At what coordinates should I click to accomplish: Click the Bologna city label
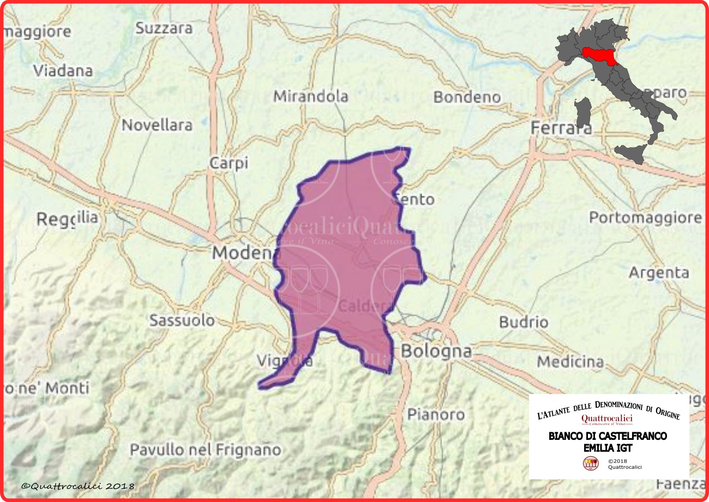tap(436, 351)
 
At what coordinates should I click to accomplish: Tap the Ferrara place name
tap(561, 128)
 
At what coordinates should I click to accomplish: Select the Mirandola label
tap(310, 96)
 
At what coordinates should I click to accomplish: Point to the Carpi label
tap(229, 162)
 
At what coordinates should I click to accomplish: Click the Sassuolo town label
tap(182, 320)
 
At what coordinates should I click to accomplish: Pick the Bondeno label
tap(467, 98)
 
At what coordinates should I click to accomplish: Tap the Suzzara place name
tap(164, 28)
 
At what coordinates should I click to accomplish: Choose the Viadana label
tap(63, 71)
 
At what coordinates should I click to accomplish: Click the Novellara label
tap(157, 125)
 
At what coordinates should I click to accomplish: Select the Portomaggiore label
tap(645, 218)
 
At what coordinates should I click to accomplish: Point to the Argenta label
tap(659, 273)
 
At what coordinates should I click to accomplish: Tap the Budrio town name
tap(524, 322)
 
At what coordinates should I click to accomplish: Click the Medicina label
tap(570, 361)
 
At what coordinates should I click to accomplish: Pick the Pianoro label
tap(436, 415)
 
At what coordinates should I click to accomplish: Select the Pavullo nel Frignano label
tap(205, 450)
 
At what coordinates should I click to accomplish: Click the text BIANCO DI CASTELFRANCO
tap(608, 437)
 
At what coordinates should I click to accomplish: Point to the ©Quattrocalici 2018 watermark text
tap(78, 485)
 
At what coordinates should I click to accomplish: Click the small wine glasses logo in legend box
tap(590, 464)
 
